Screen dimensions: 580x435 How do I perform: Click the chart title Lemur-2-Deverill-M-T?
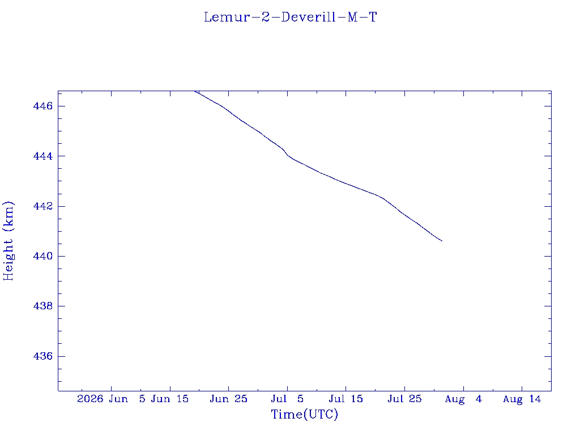[x=291, y=18]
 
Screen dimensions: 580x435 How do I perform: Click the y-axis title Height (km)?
[x=8, y=241]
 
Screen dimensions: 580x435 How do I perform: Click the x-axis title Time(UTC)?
[x=304, y=414]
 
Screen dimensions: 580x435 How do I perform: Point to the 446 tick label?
[x=43, y=106]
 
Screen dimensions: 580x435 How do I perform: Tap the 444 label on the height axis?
[x=43, y=156]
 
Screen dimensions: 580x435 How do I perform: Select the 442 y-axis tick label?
[x=43, y=206]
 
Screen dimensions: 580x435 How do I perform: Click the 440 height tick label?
[x=43, y=256]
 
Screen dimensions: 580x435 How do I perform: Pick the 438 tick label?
[x=43, y=306]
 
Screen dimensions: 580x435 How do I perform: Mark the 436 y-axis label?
[x=43, y=356]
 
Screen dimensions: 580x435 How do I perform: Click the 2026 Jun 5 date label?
[x=111, y=399]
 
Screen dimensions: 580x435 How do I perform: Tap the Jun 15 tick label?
[x=170, y=399]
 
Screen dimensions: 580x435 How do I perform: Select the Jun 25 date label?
[x=229, y=399]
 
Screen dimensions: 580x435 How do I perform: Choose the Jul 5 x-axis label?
[x=287, y=399]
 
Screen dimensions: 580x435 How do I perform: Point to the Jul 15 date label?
[x=346, y=399]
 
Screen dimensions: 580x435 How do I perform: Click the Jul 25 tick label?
[x=404, y=399]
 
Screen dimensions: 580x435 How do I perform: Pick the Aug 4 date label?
[x=463, y=399]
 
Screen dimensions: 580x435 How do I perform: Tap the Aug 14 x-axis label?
[x=522, y=399]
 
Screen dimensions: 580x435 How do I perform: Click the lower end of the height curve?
[x=442, y=241]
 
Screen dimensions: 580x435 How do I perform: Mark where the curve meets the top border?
[x=195, y=91]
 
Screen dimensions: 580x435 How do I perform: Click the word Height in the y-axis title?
[x=8, y=259]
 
